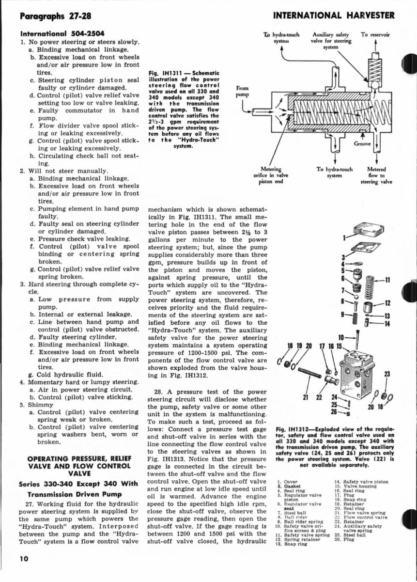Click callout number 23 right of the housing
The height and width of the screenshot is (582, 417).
(386, 374)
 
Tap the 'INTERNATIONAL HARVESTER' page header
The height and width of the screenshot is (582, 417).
(335, 16)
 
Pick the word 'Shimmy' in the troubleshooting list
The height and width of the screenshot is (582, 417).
(42, 404)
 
